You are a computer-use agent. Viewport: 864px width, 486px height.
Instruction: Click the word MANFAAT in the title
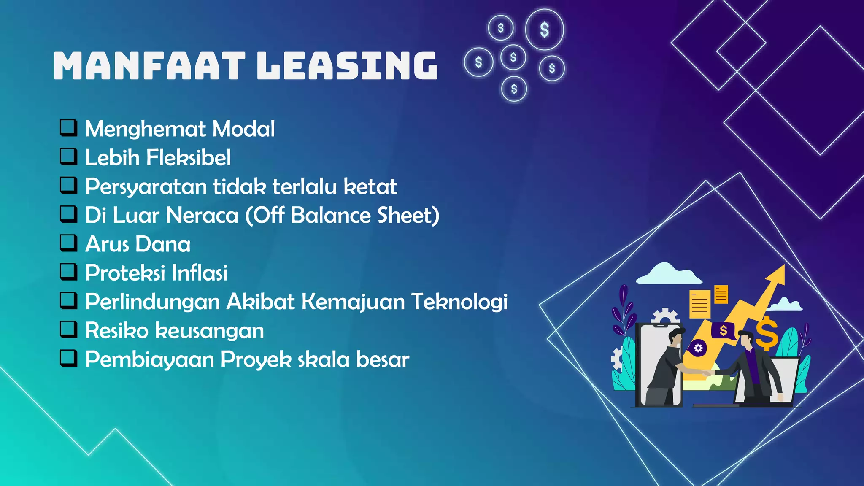pos(149,66)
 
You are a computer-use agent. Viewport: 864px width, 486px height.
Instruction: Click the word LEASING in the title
pos(347,66)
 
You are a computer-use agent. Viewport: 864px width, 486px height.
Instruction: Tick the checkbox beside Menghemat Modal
pos(68,127)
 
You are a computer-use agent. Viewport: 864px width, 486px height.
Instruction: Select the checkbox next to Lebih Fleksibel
pos(68,156)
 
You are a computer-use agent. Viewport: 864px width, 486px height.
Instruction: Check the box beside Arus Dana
pos(68,243)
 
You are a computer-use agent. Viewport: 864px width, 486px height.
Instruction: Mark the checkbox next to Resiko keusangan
pos(68,329)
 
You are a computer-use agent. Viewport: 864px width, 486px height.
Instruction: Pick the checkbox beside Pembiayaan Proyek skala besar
pos(68,358)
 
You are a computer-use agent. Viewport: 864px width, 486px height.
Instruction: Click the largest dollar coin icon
pos(544,30)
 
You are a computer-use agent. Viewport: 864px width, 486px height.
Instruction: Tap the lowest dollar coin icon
pos(514,89)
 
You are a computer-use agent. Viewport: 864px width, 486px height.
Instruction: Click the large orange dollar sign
pos(767,333)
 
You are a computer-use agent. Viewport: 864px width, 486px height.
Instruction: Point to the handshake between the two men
pos(706,373)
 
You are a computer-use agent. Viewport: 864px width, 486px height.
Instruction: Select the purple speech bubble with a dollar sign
pos(723,331)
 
